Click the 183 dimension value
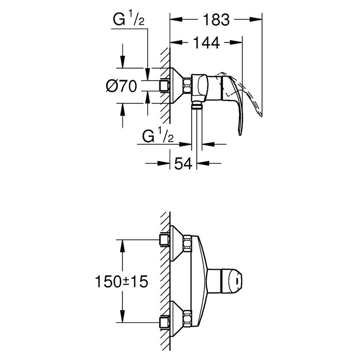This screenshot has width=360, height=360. click(216, 20)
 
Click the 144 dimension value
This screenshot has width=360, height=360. click(207, 42)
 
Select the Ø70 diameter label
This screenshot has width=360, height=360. click(121, 86)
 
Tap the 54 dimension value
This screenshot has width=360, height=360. click(183, 163)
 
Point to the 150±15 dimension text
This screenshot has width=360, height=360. click(121, 282)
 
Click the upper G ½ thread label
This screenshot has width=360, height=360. click(128, 19)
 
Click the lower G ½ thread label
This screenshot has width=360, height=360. click(158, 136)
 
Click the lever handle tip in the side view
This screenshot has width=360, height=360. click(240, 134)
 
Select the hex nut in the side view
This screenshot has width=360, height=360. click(187, 86)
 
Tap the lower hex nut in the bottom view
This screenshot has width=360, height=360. click(187, 318)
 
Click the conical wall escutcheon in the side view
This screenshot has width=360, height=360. click(177, 85)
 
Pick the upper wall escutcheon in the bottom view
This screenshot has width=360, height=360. click(177, 243)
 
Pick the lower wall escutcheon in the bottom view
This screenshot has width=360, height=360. click(177, 319)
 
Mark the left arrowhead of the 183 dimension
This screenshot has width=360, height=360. click(176, 19)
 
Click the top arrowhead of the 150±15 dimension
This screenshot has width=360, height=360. click(122, 246)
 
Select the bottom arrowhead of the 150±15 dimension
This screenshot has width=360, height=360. click(122, 316)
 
